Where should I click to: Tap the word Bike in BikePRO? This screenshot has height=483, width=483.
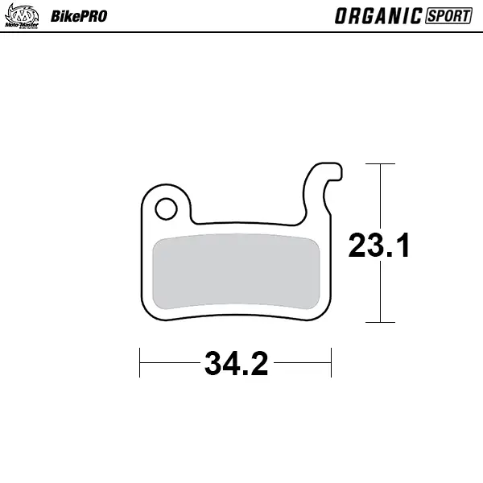(63, 16)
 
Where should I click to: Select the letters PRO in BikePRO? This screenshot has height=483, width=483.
(91, 16)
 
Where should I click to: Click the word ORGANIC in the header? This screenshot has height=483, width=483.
(378, 16)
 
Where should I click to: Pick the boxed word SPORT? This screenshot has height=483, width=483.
(448, 16)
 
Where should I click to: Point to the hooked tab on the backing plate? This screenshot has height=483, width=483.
(322, 181)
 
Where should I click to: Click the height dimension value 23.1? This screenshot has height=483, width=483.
(379, 246)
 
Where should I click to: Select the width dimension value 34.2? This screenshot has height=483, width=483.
(236, 364)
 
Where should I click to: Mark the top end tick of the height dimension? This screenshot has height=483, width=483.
(380, 164)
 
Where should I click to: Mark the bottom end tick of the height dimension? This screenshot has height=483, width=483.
(380, 322)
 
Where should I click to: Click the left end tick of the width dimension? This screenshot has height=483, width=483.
(141, 362)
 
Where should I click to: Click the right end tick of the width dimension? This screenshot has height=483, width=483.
(331, 362)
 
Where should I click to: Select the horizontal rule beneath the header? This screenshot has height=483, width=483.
(242, 32)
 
